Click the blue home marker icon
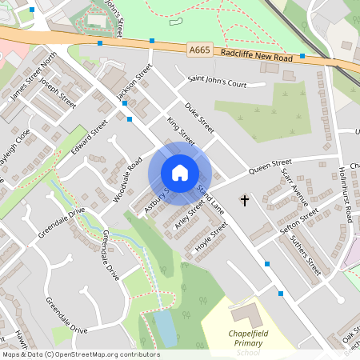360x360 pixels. click(x=180, y=173)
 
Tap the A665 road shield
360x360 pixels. click(x=202, y=50)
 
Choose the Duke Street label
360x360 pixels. click(x=199, y=117)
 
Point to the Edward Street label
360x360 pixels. click(x=89, y=138)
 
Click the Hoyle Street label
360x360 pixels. click(x=211, y=236)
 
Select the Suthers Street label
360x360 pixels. click(x=306, y=255)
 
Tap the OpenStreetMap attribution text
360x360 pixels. click(x=80, y=354)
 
